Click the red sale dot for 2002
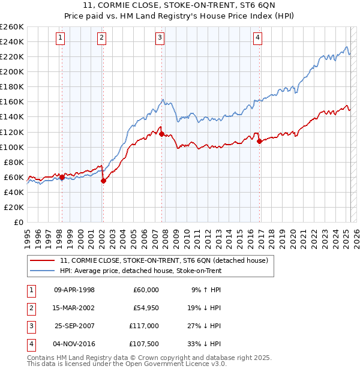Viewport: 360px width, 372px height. [x=103, y=181]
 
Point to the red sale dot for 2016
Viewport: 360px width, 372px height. [x=259, y=142]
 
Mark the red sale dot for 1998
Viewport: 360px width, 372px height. [x=62, y=177]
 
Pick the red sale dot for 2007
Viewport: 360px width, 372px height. [x=162, y=134]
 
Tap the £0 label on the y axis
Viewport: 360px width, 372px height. [x=19, y=222]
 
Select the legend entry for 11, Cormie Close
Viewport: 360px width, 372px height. [x=167, y=260]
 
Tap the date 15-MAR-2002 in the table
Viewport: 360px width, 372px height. [x=74, y=308]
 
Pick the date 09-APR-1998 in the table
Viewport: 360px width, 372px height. [x=74, y=290]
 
